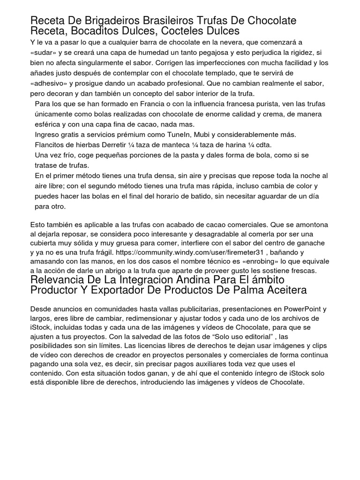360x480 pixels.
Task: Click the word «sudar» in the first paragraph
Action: [43, 52]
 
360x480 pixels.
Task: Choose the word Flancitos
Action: [52, 145]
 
